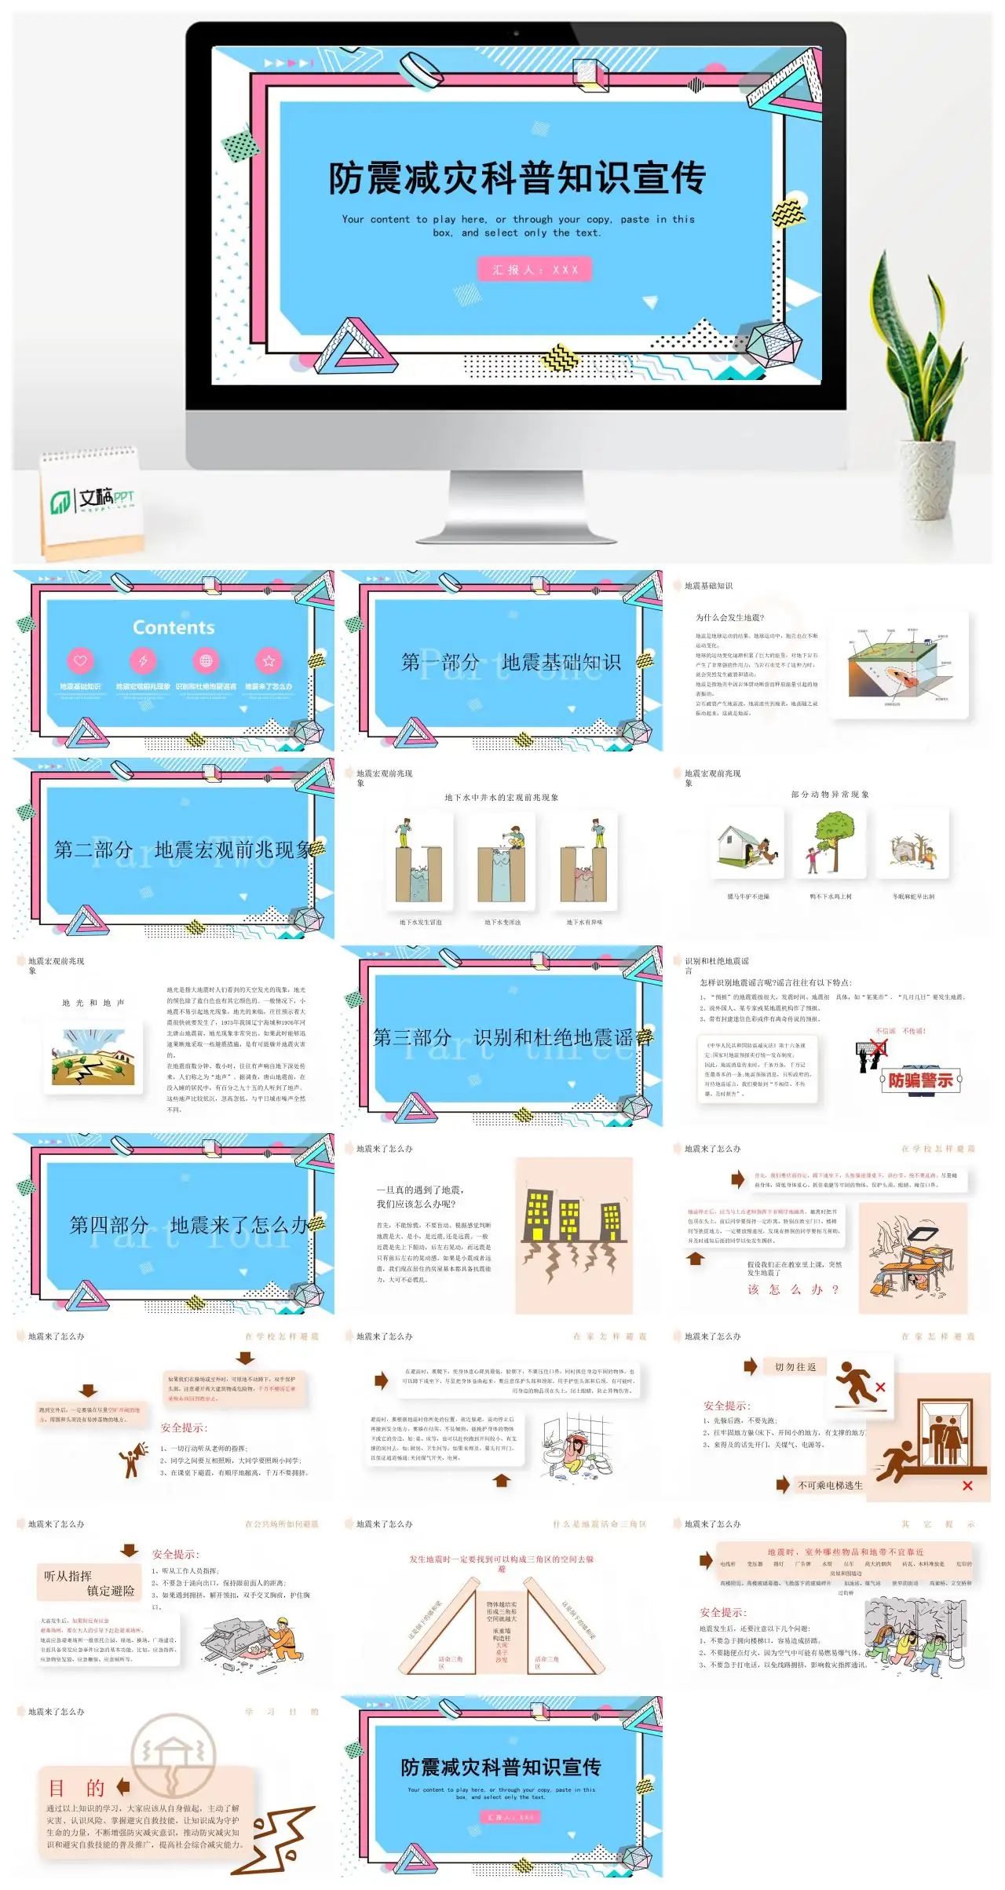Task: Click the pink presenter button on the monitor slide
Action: [x=535, y=269]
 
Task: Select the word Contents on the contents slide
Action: [x=174, y=627]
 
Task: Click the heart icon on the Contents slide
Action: [x=80, y=661]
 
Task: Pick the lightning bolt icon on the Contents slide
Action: [x=143, y=661]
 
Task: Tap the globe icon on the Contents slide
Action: [x=206, y=661]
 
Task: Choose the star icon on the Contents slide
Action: [x=269, y=661]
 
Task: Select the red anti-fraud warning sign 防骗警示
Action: [x=920, y=1080]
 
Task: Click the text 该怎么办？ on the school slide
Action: [x=793, y=1290]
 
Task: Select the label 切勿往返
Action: [x=795, y=1367]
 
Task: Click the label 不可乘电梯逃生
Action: [x=830, y=1486]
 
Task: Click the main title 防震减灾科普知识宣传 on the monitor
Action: [x=517, y=178]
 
